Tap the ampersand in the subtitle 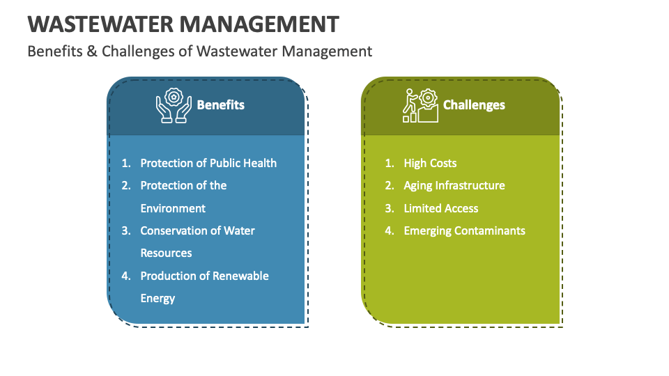pos(92,52)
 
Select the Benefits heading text pos(221,105)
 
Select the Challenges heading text pos(474,105)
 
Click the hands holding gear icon pos(174,105)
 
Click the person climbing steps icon pos(420,105)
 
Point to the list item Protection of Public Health pos(208,163)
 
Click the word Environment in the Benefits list pos(174,208)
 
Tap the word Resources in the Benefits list pos(167,253)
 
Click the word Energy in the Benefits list pos(158,299)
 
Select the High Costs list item pos(430,163)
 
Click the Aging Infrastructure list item pos(454,186)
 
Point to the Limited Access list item pos(441,208)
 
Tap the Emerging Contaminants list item pos(465,231)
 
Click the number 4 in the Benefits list pos(125,276)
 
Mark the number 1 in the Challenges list pos(389,163)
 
